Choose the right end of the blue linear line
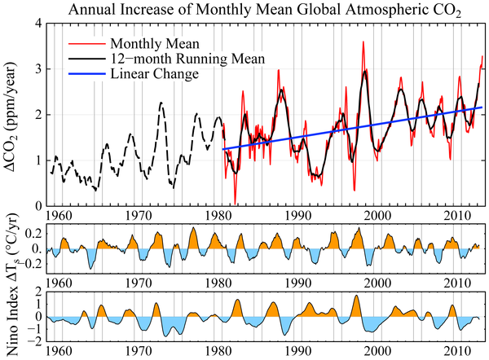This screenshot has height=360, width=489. [482, 108]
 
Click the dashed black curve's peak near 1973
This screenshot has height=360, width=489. [161, 103]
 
